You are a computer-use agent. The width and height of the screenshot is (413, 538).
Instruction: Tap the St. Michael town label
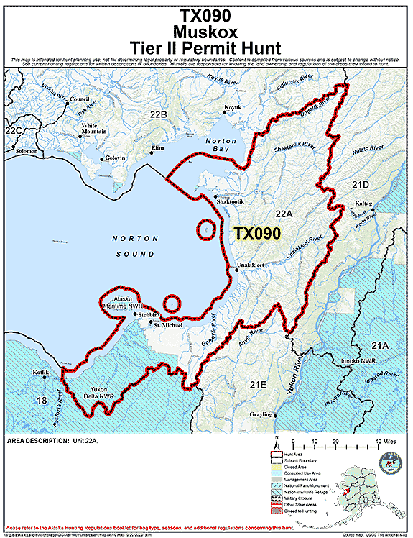(x=166, y=325)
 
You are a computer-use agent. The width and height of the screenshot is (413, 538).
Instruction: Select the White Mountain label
(x=93, y=129)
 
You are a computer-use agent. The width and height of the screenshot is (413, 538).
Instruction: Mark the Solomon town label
(x=26, y=152)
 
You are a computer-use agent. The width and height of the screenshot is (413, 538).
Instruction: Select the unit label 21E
(x=258, y=386)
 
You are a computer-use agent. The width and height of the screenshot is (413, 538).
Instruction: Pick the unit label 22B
(x=158, y=115)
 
